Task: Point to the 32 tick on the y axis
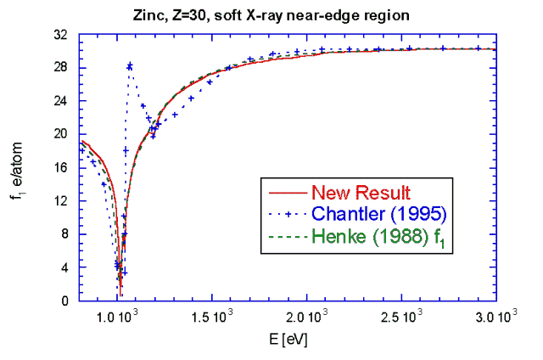(61, 36)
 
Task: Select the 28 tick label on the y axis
(61, 68)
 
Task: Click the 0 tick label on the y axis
(64, 301)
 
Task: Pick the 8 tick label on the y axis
(64, 233)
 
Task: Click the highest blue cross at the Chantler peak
(130, 65)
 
